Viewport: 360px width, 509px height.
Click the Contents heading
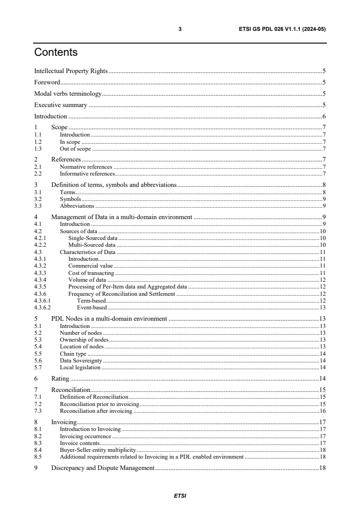[x=56, y=53]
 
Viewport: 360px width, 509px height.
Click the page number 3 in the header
[x=180, y=29]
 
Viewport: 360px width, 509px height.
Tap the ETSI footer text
[x=180, y=496]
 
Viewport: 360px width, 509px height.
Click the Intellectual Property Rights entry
[x=71, y=71]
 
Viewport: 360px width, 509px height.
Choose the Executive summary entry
[x=60, y=105]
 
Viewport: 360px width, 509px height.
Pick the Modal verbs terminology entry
[x=68, y=94]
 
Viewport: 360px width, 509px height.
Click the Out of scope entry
[x=75, y=148]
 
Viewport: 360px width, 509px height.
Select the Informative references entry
[x=87, y=173]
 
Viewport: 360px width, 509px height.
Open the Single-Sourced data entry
[x=93, y=238]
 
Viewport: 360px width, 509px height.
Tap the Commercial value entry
[x=90, y=265]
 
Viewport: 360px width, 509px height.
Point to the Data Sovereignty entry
[x=81, y=360]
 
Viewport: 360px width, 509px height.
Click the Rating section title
[x=60, y=378]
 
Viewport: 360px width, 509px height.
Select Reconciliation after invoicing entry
[x=96, y=411]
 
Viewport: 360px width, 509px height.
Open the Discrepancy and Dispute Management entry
[x=103, y=468]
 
